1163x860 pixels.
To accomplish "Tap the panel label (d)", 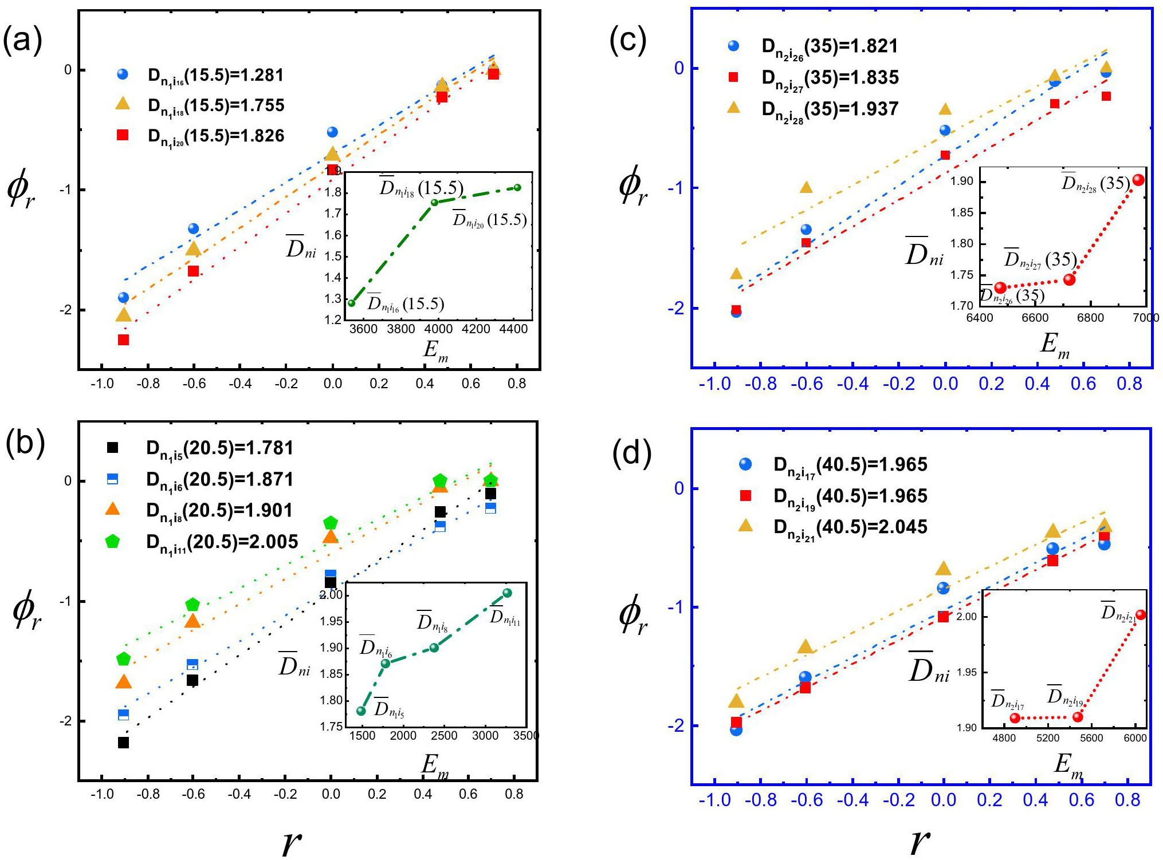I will (632, 454).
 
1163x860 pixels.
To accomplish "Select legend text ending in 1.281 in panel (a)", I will (216, 76).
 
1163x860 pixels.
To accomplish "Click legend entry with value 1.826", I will (216, 136).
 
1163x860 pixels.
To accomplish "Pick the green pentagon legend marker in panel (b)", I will (113, 541).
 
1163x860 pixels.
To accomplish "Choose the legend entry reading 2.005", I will (222, 542).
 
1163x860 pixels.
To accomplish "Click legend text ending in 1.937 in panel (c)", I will (830, 109).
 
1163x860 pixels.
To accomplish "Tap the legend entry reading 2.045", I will (850, 527).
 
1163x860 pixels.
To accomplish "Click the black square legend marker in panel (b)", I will (113, 448).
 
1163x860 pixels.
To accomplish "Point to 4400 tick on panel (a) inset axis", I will (513, 329).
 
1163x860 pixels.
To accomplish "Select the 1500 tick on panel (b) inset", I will (362, 736).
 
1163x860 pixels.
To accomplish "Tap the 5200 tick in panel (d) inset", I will (1048, 738).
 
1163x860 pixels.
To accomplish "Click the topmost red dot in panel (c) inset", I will (1138, 180).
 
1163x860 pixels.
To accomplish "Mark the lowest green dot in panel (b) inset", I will (361, 711).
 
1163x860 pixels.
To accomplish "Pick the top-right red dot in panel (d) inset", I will (1141, 615).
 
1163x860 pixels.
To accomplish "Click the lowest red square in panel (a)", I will (123, 340).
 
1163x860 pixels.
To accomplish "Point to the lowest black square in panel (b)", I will (123, 743).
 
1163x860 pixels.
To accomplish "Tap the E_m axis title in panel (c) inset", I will (1055, 345).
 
